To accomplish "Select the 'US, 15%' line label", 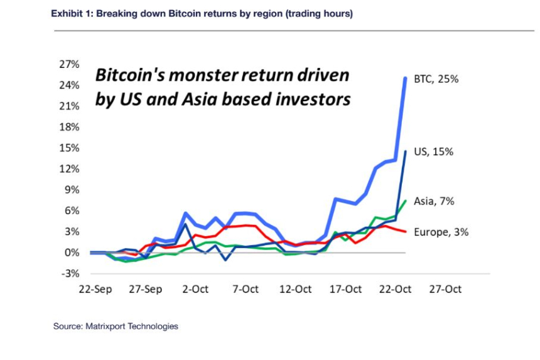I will pos(434,151).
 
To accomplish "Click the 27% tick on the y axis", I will pos(70,64).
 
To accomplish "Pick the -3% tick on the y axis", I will pos(70,274).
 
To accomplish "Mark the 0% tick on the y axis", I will pos(72,253).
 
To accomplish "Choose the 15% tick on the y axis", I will pos(70,148).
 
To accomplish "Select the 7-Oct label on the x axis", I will pos(246,290).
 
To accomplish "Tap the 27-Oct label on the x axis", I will pos(445,290).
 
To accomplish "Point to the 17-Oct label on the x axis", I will pos(345,290).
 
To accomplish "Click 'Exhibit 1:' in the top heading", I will pos(72,13).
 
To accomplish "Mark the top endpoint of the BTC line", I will pos(405,79).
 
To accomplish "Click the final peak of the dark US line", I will pos(406,151).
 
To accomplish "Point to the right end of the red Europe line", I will pos(406,232).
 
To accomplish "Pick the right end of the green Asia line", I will pos(406,201).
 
